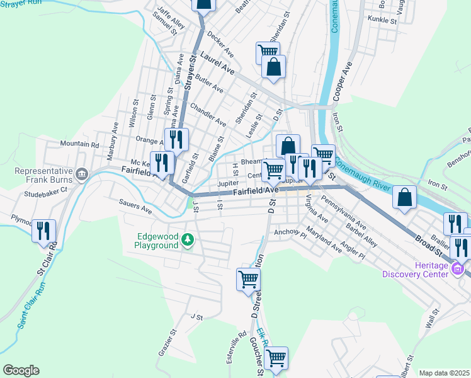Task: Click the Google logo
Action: (20, 370)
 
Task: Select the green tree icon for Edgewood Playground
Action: (188, 239)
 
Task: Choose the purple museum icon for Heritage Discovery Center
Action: (458, 270)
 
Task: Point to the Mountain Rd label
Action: (80, 144)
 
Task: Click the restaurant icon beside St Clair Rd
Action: (43, 231)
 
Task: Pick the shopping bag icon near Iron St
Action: (404, 197)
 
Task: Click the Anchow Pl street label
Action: (290, 233)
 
